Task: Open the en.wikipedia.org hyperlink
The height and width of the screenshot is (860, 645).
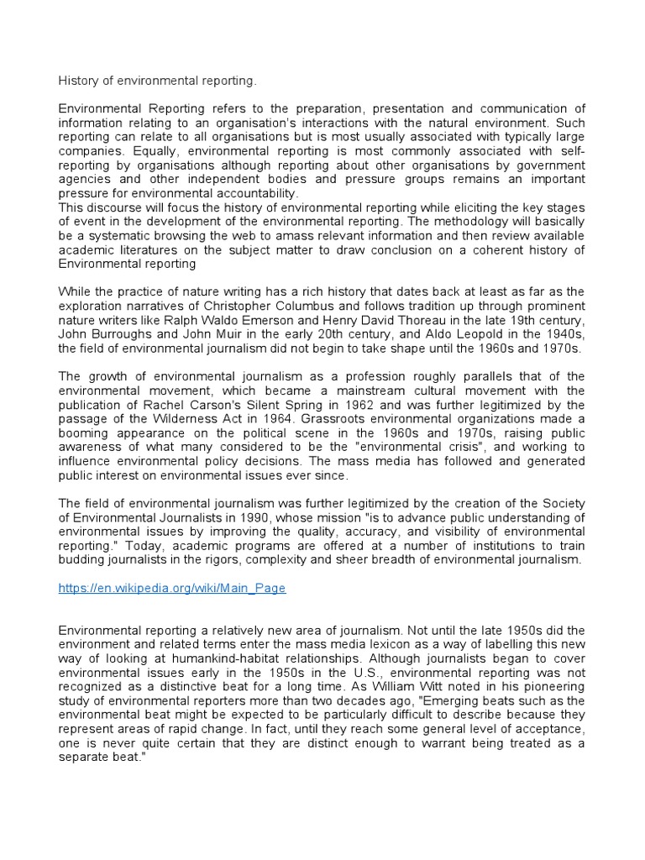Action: click(x=172, y=589)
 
